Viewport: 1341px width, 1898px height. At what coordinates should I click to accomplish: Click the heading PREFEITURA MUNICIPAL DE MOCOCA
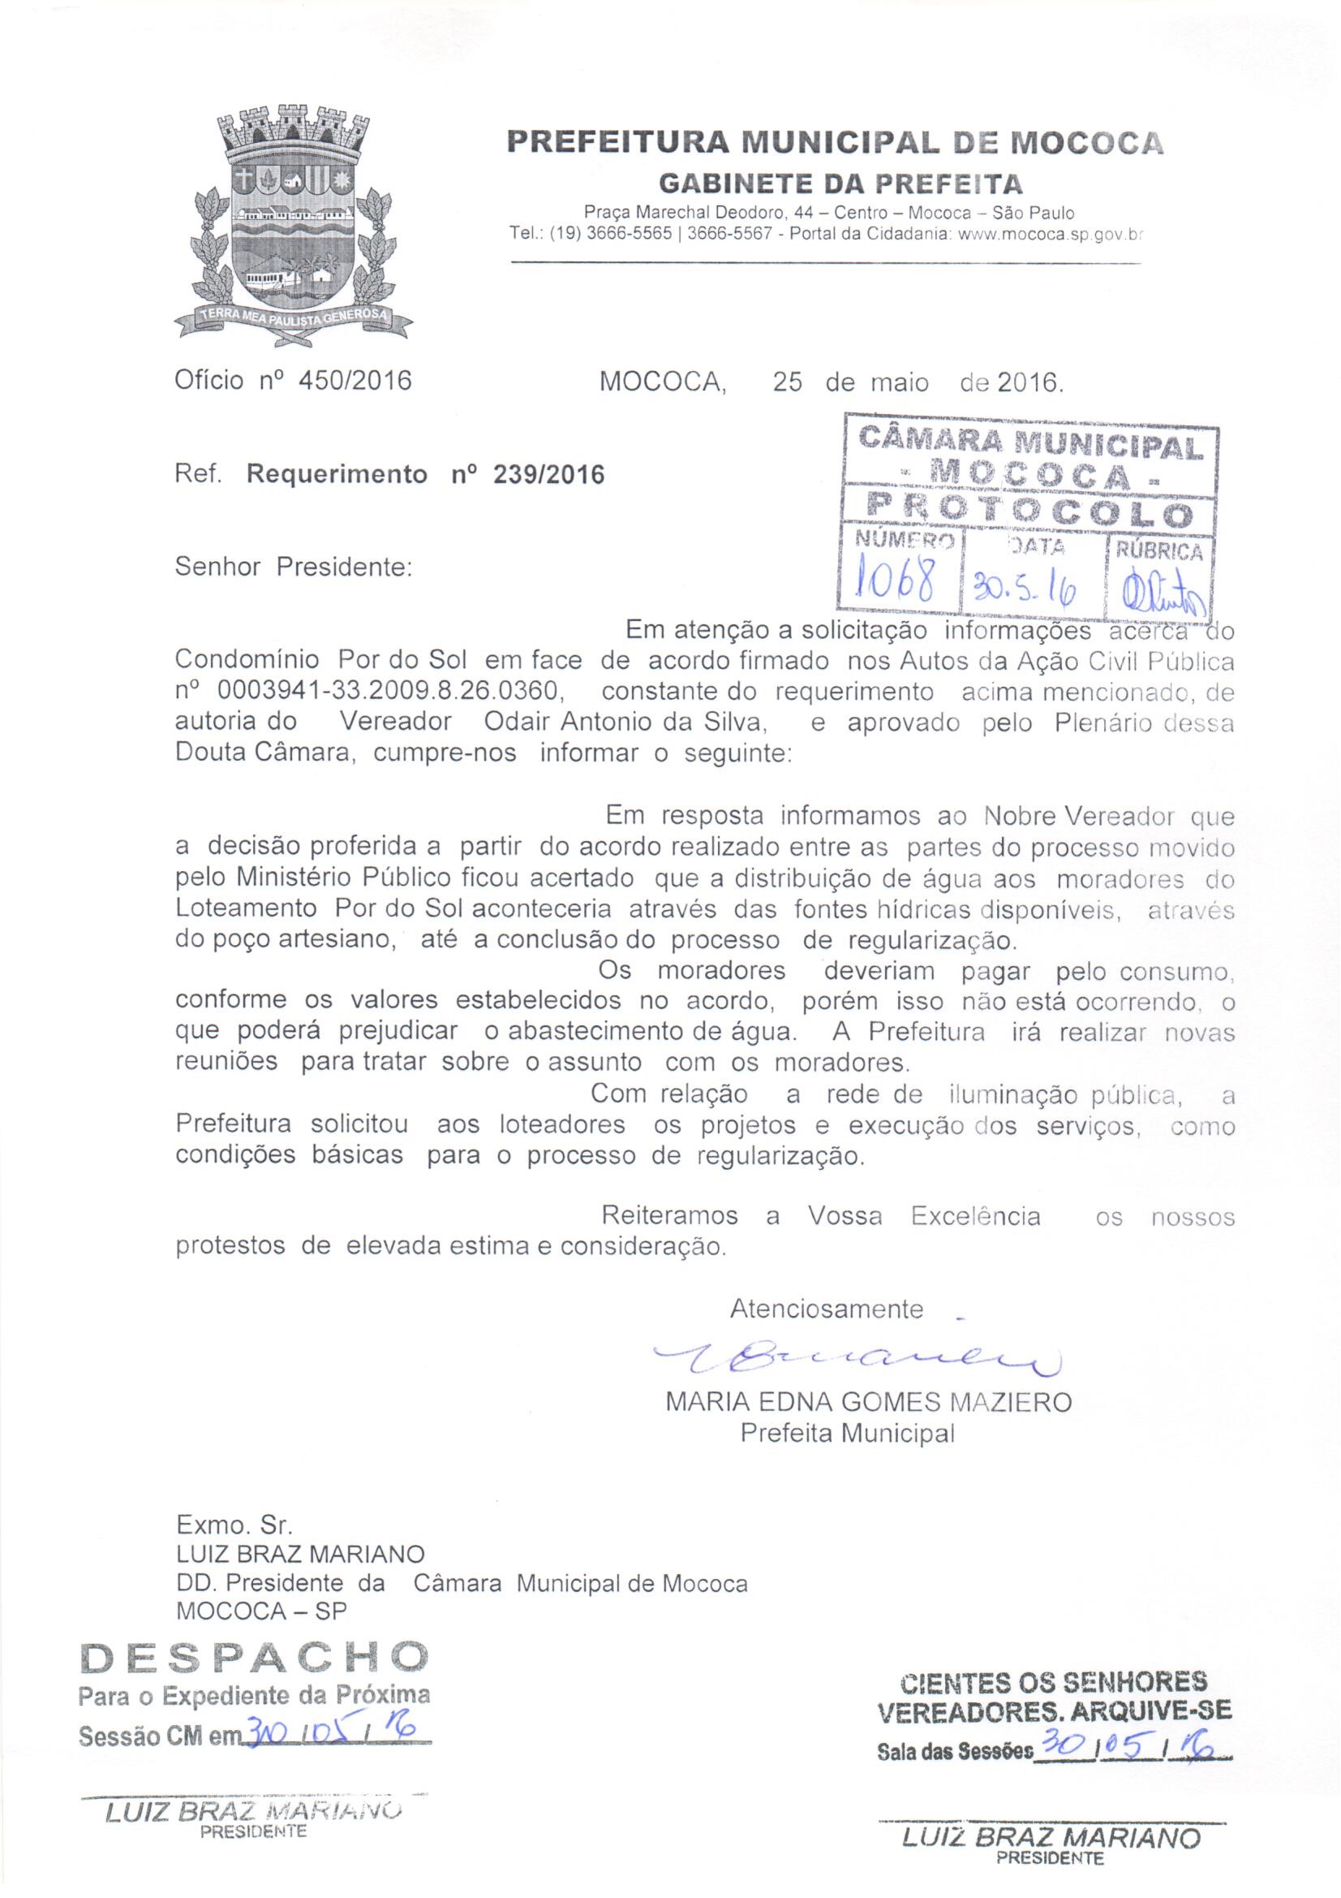(835, 143)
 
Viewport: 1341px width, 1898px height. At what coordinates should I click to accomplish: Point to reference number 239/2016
(547, 474)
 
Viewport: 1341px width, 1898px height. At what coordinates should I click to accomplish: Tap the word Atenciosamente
(826, 1309)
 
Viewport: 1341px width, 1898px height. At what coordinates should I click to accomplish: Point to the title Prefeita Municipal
(847, 1432)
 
